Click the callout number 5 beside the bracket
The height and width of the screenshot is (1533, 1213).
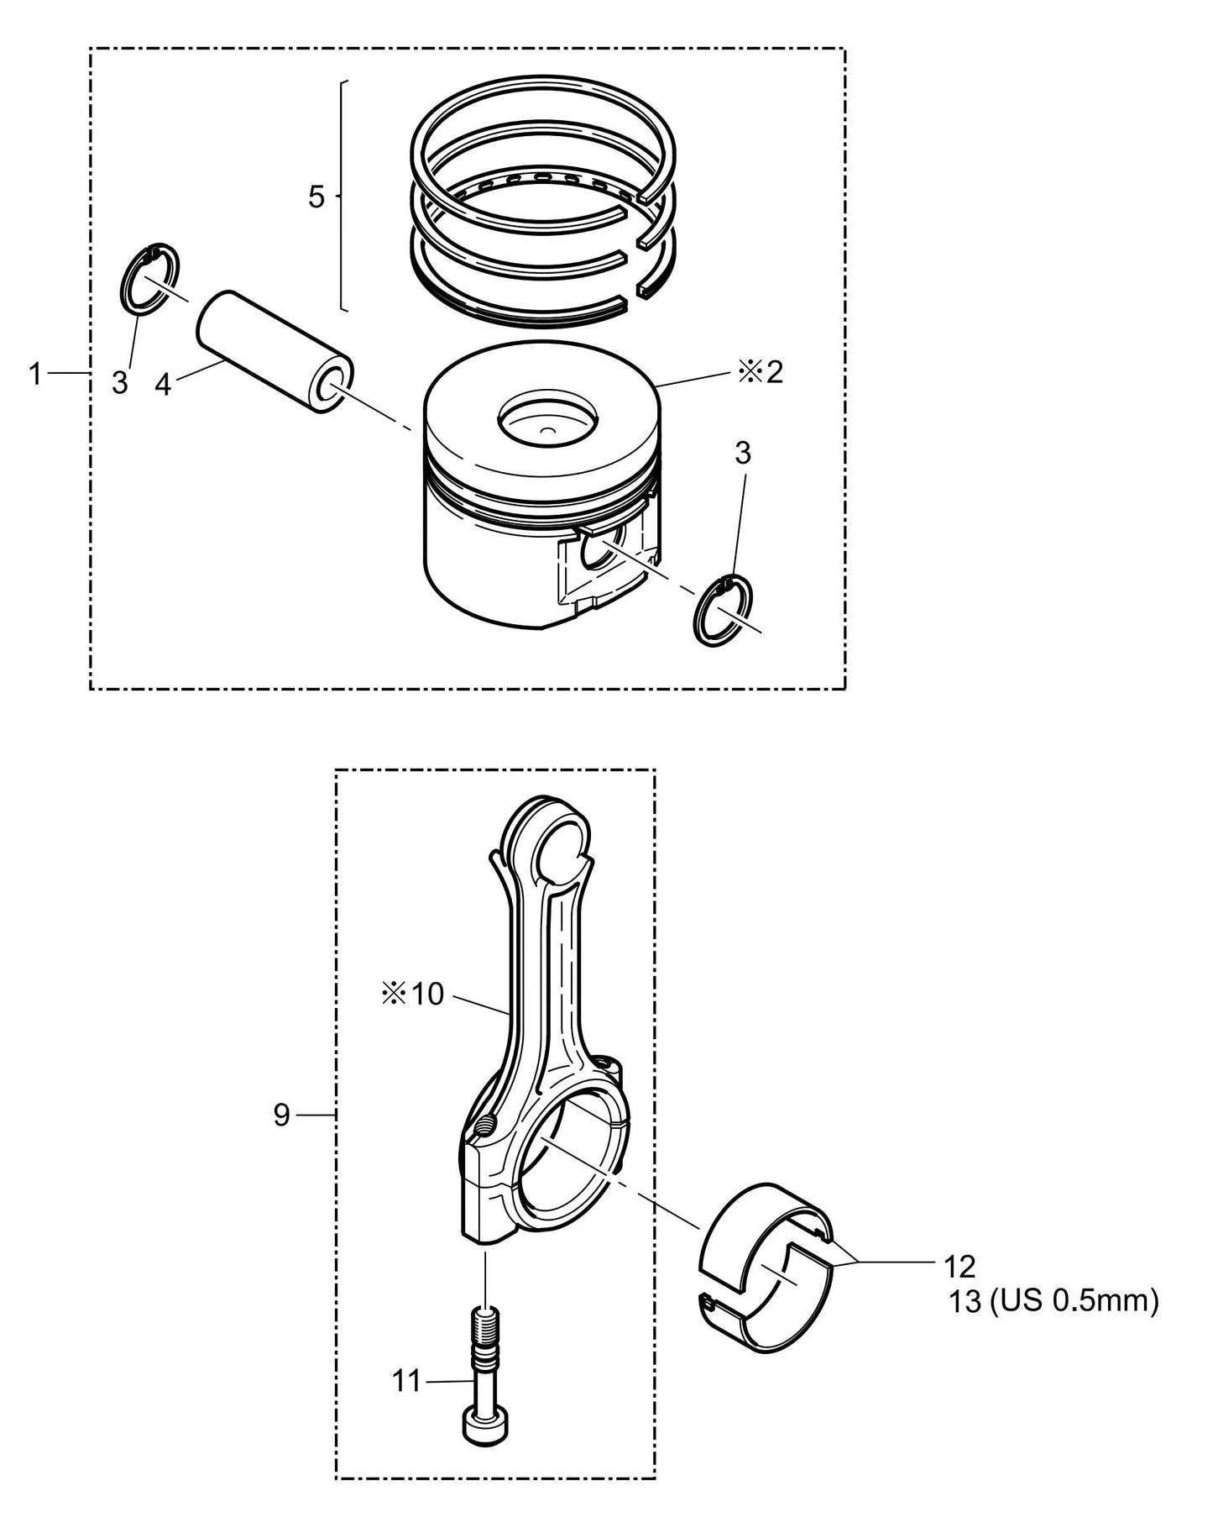click(316, 197)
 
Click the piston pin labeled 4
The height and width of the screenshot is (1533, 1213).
click(274, 351)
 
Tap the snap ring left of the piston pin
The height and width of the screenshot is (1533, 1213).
click(149, 279)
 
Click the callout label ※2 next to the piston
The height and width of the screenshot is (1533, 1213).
click(761, 372)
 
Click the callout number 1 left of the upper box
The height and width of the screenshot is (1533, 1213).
click(34, 374)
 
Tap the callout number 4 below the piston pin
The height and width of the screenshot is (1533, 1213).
click(163, 386)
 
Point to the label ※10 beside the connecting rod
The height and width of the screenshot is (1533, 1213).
click(412, 995)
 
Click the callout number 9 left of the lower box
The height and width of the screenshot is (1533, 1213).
click(281, 1115)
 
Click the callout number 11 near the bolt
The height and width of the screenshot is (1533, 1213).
click(407, 1380)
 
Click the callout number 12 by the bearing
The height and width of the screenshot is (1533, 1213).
click(959, 1265)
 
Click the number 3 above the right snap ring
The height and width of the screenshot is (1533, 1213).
click(742, 454)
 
